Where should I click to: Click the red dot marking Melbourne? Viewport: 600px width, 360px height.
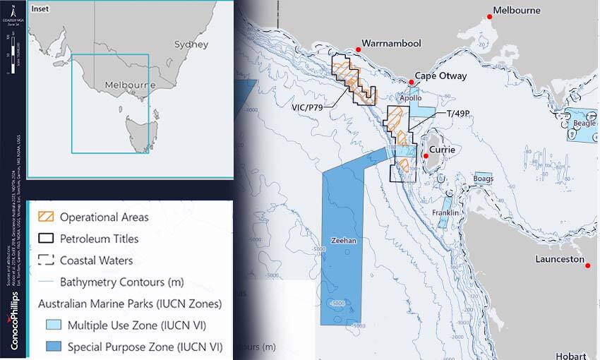(x=489, y=16)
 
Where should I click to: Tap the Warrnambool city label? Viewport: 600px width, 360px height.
(x=391, y=44)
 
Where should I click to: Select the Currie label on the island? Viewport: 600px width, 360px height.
(x=443, y=150)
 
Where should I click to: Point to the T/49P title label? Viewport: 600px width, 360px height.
(x=458, y=114)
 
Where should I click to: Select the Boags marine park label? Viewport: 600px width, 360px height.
(x=484, y=179)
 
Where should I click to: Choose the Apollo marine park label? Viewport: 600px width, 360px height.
(x=411, y=99)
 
